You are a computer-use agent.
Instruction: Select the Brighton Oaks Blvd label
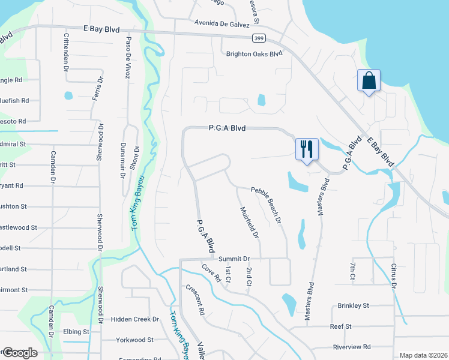[254, 53]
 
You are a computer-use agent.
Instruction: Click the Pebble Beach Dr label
[266, 205]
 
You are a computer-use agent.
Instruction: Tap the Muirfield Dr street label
[249, 223]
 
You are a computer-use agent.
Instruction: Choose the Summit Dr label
[234, 259]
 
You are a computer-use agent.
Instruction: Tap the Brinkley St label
[353, 305]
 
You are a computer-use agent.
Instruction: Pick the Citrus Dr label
[394, 274]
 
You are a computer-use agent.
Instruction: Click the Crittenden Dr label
[66, 52]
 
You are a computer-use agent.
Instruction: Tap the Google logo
[19, 353]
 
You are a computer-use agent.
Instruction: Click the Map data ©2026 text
[423, 355]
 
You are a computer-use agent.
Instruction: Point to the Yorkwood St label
[135, 339]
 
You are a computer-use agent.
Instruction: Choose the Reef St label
[340, 326]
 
